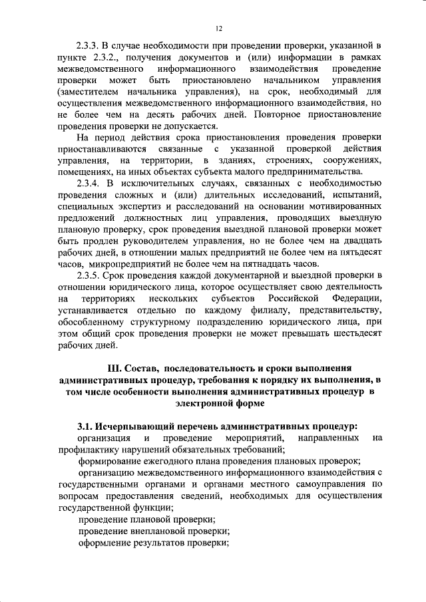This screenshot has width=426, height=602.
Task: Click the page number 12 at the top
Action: [218, 28]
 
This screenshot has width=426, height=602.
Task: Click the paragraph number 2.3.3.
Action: [89, 46]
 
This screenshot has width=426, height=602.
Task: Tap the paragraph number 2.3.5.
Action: [89, 275]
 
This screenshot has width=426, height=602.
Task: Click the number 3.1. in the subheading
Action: [87, 426]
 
